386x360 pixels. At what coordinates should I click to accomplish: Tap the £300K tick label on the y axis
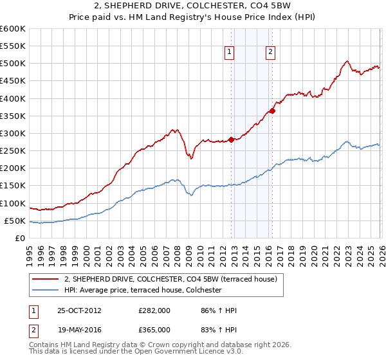point(13,133)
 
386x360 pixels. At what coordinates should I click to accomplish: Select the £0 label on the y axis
point(20,238)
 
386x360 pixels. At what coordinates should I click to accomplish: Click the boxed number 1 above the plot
point(230,53)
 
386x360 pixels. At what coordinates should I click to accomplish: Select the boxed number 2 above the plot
point(270,53)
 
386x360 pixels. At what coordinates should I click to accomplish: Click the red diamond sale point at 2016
point(272,111)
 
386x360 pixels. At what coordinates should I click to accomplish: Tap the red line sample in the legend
point(46,279)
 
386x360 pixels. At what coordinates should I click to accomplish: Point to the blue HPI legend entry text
point(143,290)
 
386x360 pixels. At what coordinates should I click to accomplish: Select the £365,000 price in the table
point(154,330)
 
